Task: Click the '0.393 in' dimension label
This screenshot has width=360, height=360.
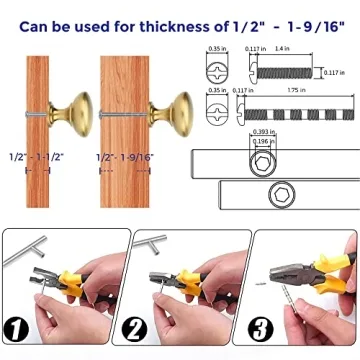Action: (263, 131)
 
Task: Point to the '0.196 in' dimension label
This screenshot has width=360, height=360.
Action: (264, 140)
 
